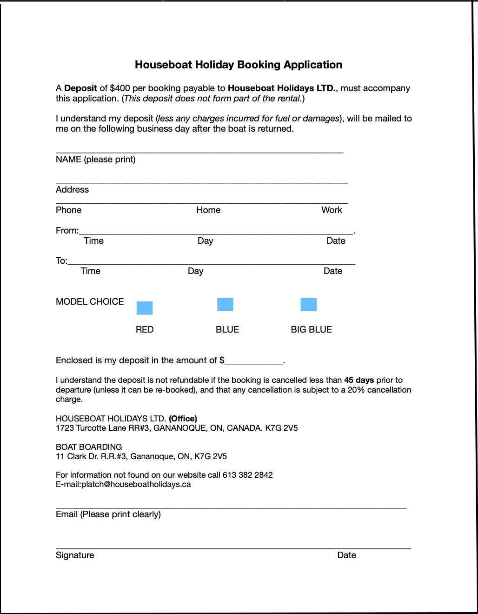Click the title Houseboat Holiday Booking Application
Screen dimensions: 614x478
(x=239, y=65)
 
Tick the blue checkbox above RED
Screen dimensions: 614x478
(x=145, y=308)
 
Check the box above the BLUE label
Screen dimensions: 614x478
(x=226, y=305)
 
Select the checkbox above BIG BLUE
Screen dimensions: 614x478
(x=309, y=305)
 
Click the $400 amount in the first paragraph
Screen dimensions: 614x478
(x=120, y=88)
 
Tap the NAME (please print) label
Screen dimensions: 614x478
(x=96, y=160)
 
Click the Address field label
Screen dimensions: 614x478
(x=72, y=190)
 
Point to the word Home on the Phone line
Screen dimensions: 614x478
(x=208, y=210)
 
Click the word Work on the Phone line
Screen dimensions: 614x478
(x=332, y=210)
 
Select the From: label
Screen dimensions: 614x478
(x=67, y=231)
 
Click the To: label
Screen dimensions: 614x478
(x=61, y=261)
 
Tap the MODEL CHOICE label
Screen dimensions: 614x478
(x=90, y=302)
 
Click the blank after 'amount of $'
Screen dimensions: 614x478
(x=254, y=360)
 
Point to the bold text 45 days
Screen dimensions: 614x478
(x=359, y=380)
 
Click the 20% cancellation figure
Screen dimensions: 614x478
(x=356, y=390)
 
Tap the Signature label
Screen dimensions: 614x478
(x=75, y=555)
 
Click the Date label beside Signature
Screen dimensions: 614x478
(x=346, y=555)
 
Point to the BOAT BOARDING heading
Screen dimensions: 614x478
(x=89, y=447)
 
